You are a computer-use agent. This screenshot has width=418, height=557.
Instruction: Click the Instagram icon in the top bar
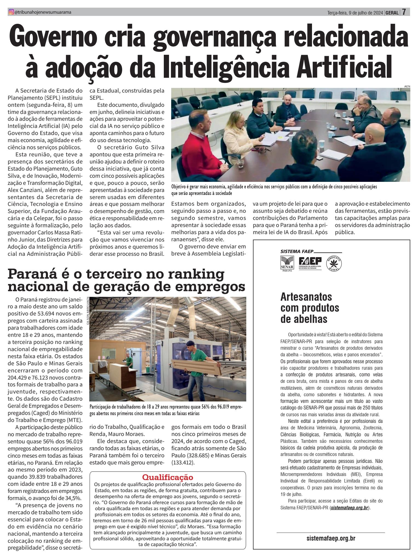coord(11,12)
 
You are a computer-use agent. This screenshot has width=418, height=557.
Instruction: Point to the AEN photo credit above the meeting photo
coord(407,87)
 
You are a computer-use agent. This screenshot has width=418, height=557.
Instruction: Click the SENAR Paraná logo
coord(286,263)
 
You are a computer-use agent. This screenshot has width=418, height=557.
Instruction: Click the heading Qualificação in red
coord(168,477)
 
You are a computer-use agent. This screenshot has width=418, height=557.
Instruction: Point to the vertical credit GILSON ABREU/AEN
coord(88,311)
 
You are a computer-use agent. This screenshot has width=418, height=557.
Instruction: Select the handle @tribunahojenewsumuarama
coord(43,12)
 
